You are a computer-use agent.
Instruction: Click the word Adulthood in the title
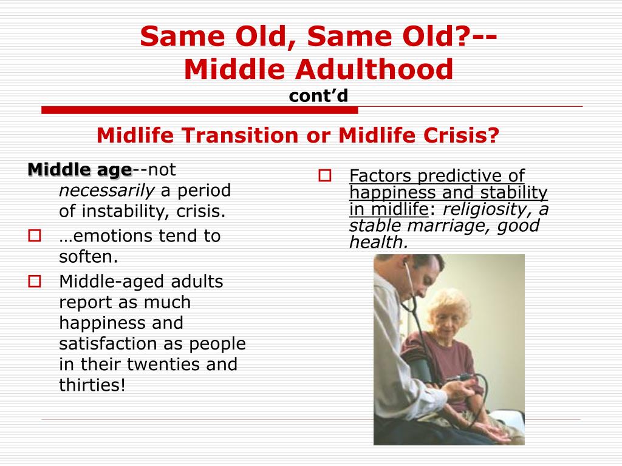[374, 69]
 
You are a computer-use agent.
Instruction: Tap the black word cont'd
[318, 95]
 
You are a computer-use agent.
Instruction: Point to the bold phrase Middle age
[80, 171]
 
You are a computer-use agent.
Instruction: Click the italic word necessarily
[106, 191]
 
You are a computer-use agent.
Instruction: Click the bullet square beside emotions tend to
[35, 236]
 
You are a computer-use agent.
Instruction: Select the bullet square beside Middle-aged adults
[35, 282]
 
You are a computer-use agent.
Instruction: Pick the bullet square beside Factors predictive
[325, 175]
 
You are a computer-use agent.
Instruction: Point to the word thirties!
[92, 385]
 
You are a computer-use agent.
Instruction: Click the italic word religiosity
[488, 209]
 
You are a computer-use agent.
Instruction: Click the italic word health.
[378, 242]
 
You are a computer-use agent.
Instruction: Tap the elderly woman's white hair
[450, 303]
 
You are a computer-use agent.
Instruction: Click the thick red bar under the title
[199, 110]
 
